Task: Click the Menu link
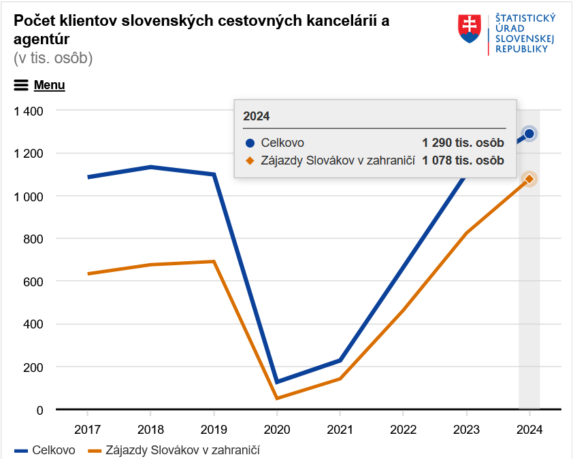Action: (49, 85)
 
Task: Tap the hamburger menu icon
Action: (21, 85)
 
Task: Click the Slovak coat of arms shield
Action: (469, 29)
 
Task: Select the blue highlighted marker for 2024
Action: (529, 134)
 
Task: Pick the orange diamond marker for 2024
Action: (529, 179)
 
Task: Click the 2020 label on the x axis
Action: (277, 430)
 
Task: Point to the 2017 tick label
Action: (87, 430)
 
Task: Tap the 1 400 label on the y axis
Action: (29, 111)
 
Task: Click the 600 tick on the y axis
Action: (33, 282)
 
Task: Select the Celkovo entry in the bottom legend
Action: (45, 450)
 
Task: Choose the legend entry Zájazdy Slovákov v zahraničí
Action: (174, 450)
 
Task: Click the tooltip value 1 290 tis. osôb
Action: (463, 142)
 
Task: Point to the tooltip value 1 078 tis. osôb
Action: (463, 160)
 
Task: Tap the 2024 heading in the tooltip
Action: (256, 116)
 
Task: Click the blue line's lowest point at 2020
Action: (277, 381)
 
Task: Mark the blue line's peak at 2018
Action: (150, 167)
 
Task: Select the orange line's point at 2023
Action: (466, 233)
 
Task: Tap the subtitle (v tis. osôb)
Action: (53, 58)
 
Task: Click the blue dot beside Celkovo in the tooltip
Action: (250, 143)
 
